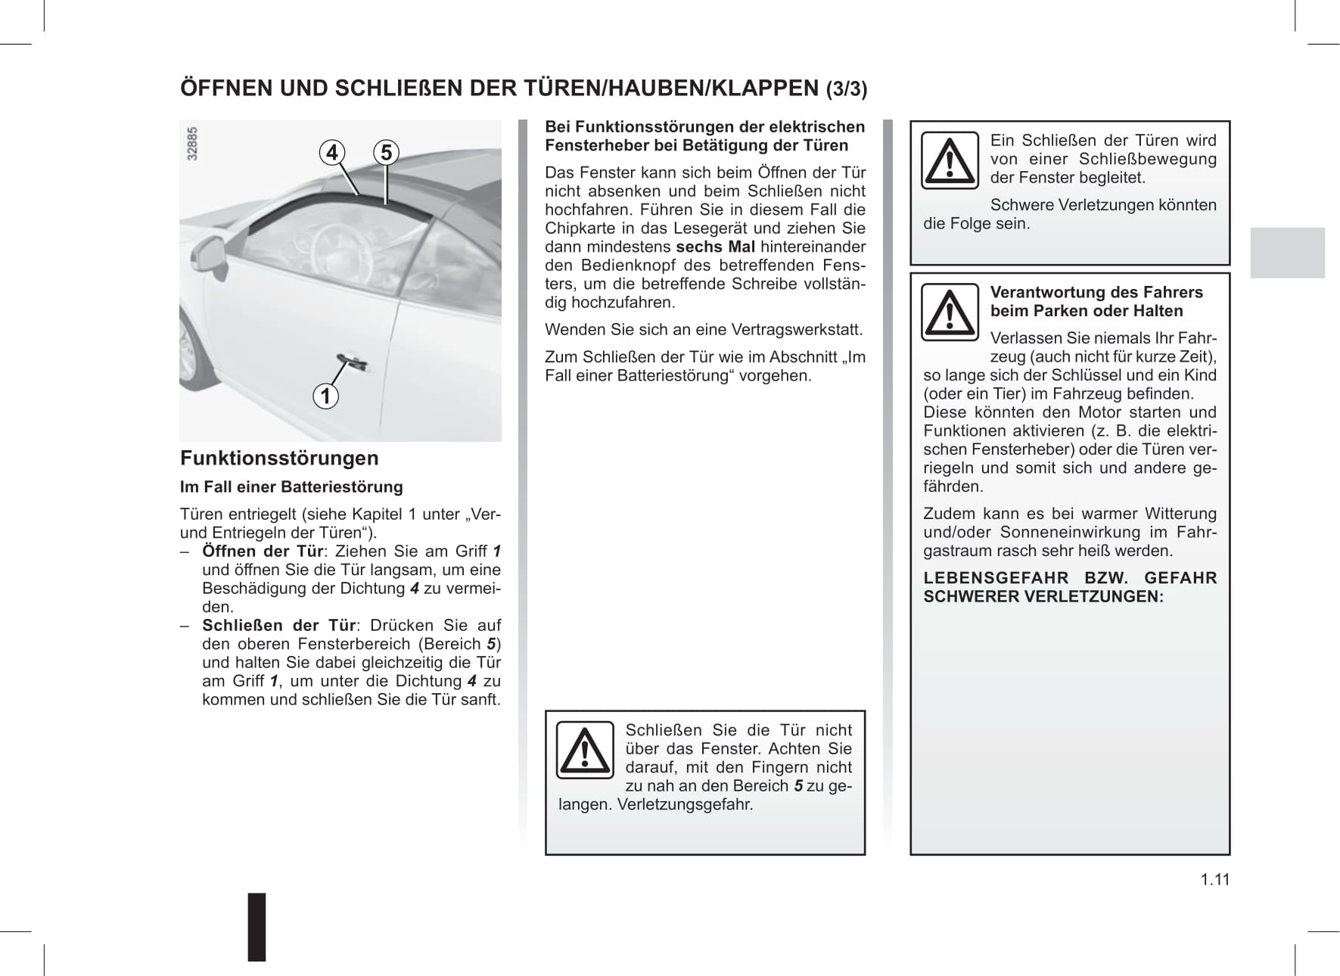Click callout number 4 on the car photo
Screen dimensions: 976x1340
[x=331, y=153]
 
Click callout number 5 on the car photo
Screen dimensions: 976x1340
[x=386, y=153]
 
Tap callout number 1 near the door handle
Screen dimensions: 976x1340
[x=325, y=396]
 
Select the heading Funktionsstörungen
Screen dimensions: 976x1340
[x=279, y=458]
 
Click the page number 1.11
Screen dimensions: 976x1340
[x=1214, y=879]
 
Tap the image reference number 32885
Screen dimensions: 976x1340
[x=192, y=143]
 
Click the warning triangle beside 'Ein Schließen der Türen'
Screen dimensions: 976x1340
[x=950, y=161]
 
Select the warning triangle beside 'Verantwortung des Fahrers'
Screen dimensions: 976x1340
[x=950, y=312]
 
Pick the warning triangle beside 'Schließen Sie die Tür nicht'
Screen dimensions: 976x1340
[x=585, y=751]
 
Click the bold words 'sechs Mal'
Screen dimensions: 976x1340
[x=715, y=247]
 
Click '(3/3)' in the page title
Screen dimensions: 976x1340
[x=846, y=89]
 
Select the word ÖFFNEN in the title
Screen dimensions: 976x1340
[x=225, y=89]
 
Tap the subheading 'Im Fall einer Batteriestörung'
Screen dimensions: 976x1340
[x=291, y=487]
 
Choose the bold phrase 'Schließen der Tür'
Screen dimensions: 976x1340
[x=278, y=626]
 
